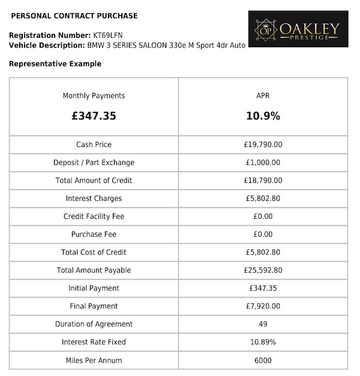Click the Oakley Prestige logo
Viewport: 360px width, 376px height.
pos(298,29)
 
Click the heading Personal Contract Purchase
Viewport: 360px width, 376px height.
pos(74,16)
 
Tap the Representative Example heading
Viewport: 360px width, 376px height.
pos(55,64)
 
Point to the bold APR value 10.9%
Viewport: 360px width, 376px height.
pos(263,116)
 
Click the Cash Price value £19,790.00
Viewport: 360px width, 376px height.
pos(263,145)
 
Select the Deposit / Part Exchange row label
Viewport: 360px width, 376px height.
pos(94,163)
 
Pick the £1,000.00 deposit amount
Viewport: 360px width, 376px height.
pos(263,163)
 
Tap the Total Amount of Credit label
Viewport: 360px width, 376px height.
pos(94,181)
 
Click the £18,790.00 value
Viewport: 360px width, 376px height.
pos(263,181)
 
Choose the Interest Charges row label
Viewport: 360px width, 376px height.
pos(94,198)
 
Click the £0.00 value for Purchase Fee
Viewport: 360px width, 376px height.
pos(263,234)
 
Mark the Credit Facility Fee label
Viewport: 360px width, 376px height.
pos(94,216)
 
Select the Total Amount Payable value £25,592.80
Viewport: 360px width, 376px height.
pos(263,270)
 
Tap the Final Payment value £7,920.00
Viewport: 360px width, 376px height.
pos(263,306)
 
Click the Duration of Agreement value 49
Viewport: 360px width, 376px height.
pos(263,324)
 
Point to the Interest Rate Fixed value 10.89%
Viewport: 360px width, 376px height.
pos(263,342)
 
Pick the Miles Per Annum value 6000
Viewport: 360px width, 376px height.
pos(263,360)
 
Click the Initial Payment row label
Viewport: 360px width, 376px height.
pos(94,288)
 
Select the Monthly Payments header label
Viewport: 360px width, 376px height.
pos(94,96)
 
